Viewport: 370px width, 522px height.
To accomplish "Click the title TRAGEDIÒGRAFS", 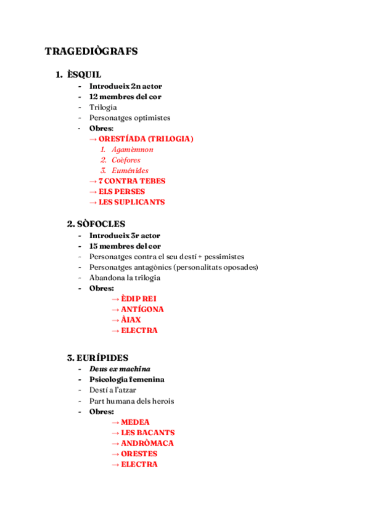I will pyautogui.click(x=91, y=52).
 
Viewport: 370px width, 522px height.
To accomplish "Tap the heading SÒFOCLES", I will pyautogui.click(x=96, y=224).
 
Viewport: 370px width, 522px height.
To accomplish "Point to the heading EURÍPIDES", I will pyautogui.click(x=97, y=358).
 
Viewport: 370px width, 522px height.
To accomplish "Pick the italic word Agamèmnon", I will pyautogui.click(x=133, y=150).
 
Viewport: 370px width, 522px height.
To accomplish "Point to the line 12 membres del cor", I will pyautogui.click(x=126, y=97).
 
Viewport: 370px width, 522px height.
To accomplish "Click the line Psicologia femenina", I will pyautogui.click(x=126, y=379).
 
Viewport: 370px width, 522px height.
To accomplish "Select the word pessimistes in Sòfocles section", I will pyautogui.click(x=224, y=256).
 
